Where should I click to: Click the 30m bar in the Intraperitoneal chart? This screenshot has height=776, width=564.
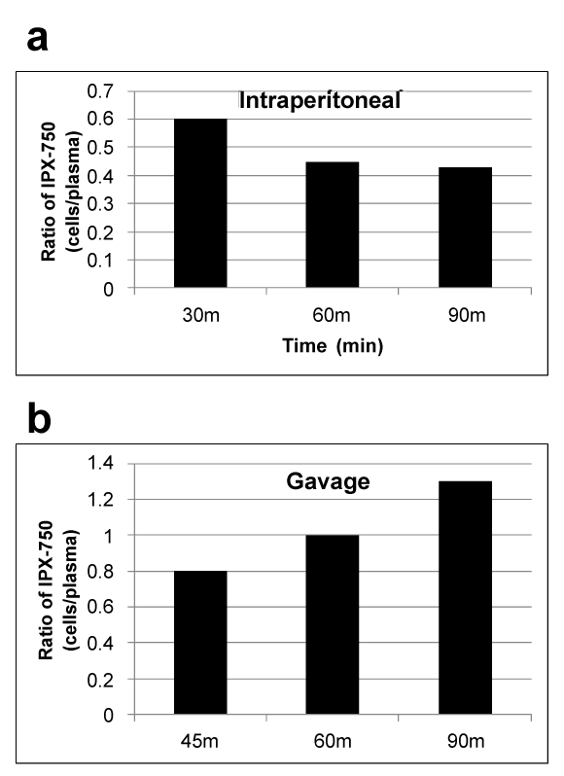(x=200, y=203)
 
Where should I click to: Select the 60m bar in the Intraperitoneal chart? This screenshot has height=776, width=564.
(x=332, y=225)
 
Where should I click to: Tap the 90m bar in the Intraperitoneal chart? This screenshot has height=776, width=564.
(x=465, y=228)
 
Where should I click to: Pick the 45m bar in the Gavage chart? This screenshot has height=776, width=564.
(x=200, y=643)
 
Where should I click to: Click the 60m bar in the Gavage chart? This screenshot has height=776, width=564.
(x=332, y=624)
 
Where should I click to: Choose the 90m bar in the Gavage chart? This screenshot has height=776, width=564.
(x=465, y=597)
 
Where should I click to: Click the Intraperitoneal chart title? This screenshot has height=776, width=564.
(x=320, y=100)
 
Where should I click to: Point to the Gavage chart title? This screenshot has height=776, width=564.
(x=328, y=481)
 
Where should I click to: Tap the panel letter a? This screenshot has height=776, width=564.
(x=38, y=39)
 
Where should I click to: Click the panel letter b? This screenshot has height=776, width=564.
(x=39, y=419)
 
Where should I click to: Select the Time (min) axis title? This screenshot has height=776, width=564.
(x=333, y=345)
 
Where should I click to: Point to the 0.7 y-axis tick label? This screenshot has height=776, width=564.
(x=100, y=91)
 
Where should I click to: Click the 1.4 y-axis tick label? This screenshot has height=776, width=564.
(x=100, y=463)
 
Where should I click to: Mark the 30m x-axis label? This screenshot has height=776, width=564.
(x=201, y=315)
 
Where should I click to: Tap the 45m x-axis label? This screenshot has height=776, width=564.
(x=199, y=741)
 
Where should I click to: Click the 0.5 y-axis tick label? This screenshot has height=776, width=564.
(x=100, y=148)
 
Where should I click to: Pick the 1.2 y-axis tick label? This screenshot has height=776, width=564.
(x=100, y=500)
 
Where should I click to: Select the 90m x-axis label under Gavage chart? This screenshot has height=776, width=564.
(x=466, y=741)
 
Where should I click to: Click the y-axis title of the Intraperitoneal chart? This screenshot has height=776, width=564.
(x=60, y=192)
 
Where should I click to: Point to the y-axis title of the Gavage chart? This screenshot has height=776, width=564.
(x=58, y=590)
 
